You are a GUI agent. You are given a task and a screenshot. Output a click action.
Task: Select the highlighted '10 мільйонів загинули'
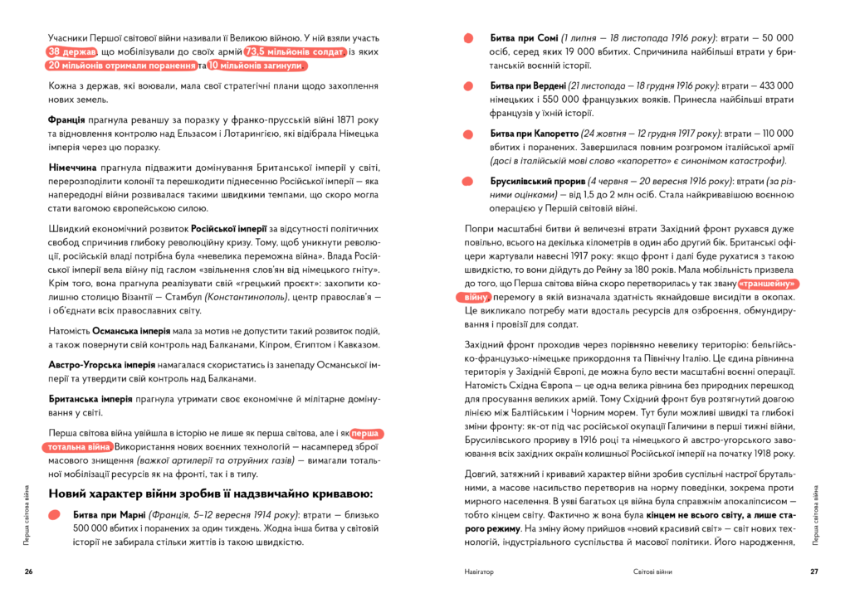coord(257,66)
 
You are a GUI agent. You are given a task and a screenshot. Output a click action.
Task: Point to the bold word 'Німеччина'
coord(75,168)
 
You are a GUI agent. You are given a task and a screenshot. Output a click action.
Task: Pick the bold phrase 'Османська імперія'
coord(125,331)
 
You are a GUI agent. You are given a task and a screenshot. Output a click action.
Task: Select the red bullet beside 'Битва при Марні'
coord(54,514)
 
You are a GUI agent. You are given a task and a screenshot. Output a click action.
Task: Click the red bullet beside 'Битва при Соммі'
coord(469,38)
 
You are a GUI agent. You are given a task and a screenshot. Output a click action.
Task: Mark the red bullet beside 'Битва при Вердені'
coord(469,85)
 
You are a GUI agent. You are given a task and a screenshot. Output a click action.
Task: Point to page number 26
coord(28,571)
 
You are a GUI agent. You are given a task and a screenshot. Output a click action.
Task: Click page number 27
coord(814,571)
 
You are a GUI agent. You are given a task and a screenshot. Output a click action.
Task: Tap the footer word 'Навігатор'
coord(479,571)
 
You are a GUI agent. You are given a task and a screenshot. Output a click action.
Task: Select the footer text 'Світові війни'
coord(649,571)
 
